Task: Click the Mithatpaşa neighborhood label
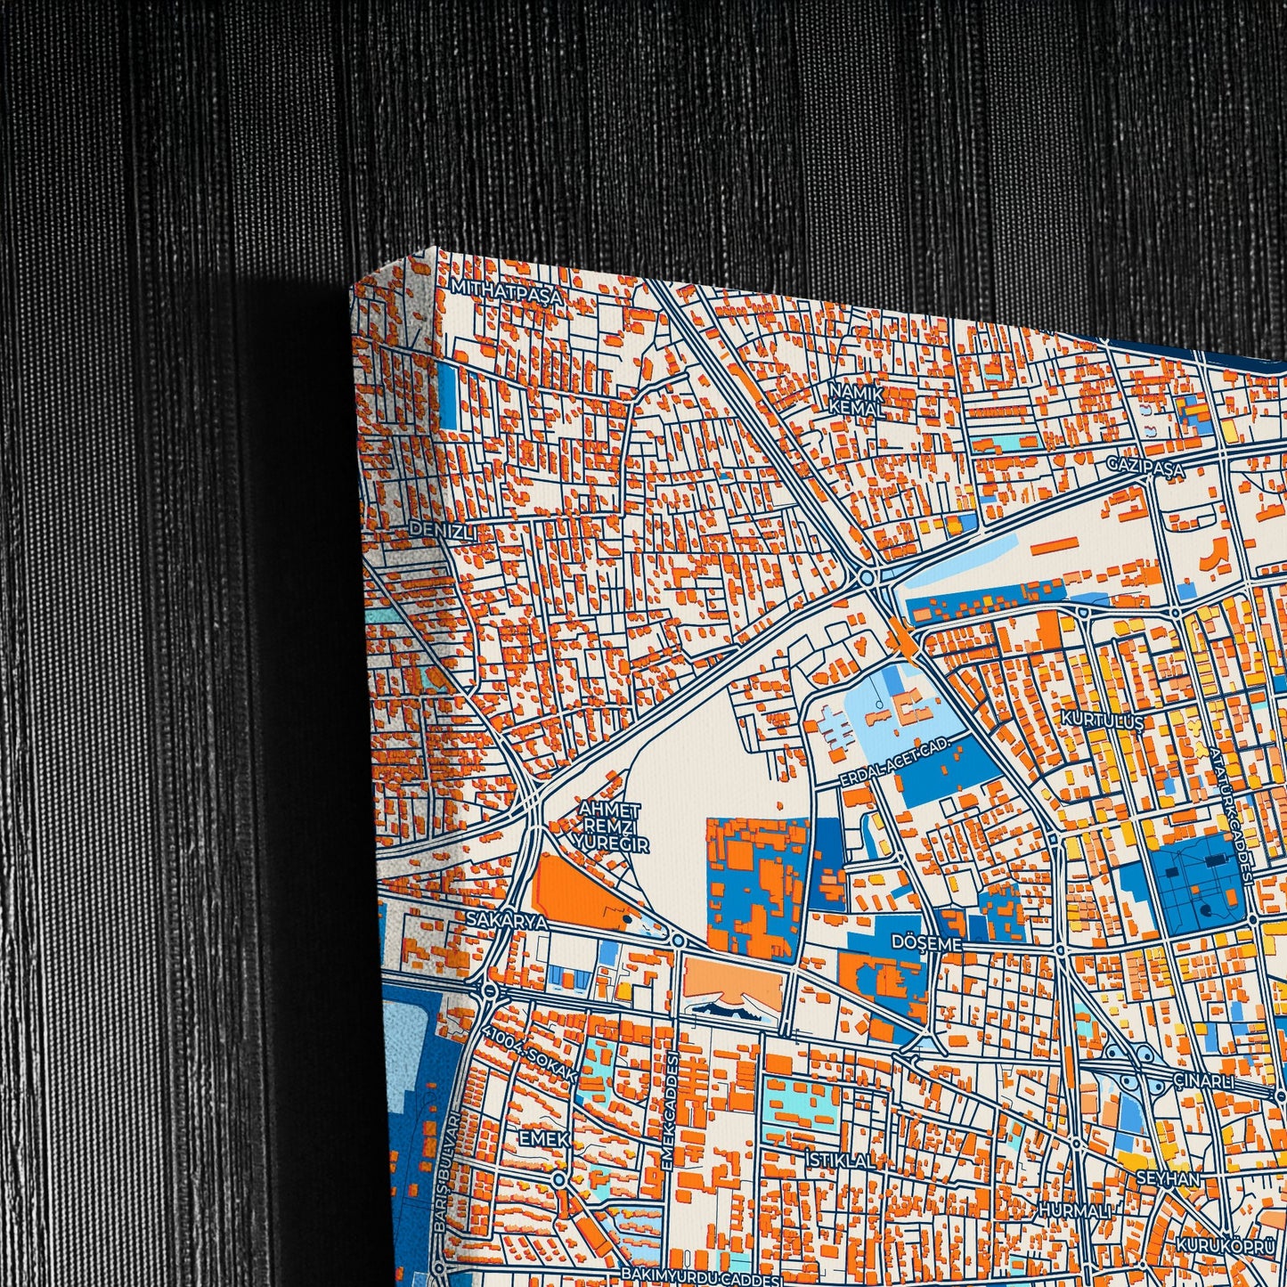(x=507, y=291)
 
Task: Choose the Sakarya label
(x=508, y=922)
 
